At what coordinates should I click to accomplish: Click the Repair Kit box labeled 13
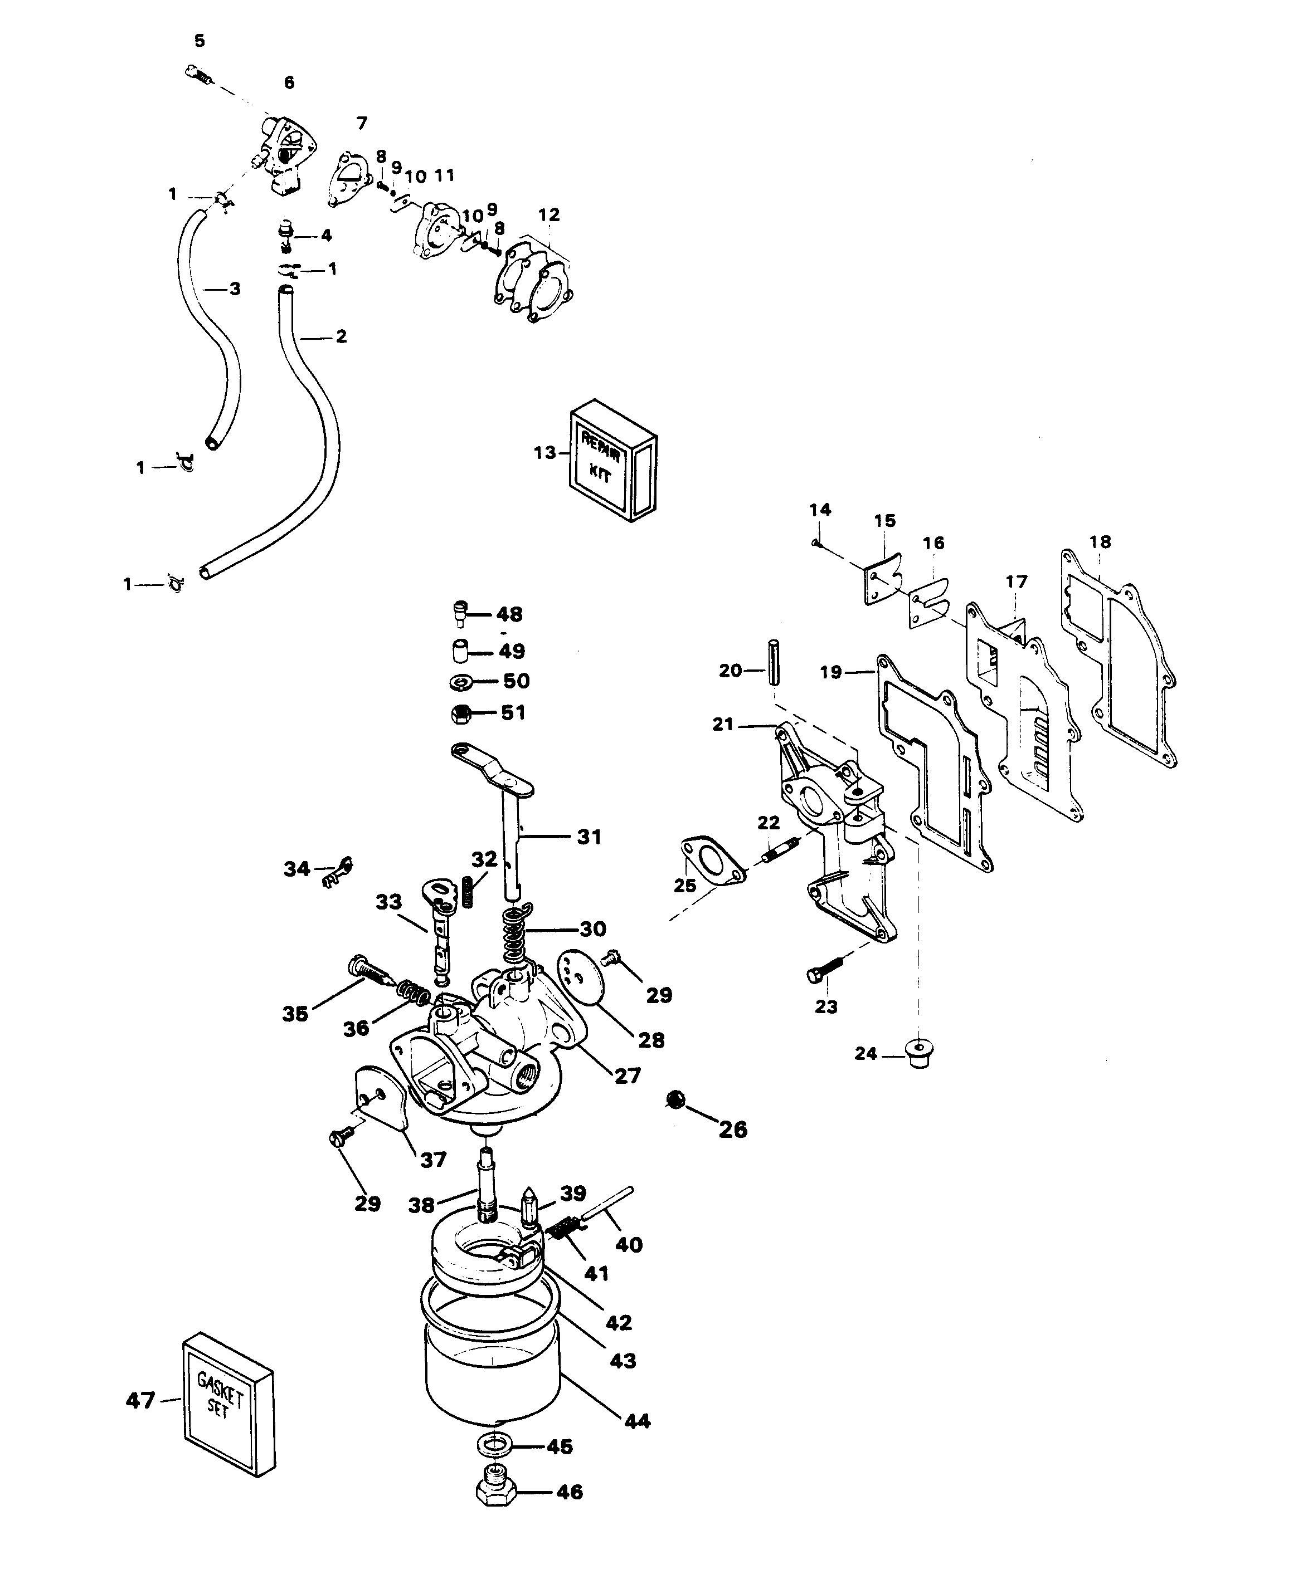(613, 461)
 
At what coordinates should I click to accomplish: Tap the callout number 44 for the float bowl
(637, 1421)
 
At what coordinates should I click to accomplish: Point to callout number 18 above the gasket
(1100, 541)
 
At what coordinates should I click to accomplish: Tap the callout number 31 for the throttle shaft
(589, 836)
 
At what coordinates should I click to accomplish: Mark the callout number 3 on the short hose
(235, 288)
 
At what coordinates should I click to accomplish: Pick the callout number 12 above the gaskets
(549, 215)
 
